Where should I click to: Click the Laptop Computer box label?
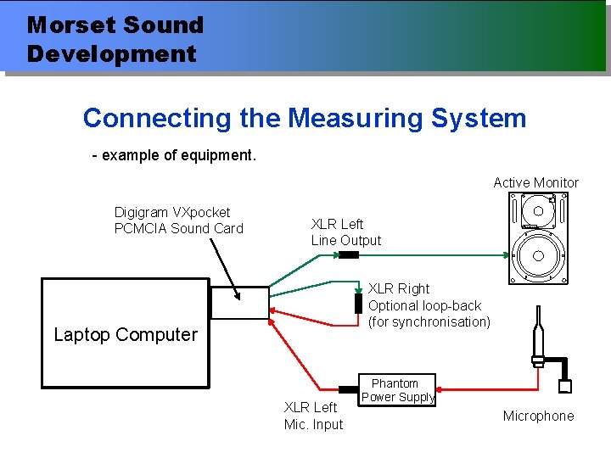click(126, 334)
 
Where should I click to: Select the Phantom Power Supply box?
click(398, 390)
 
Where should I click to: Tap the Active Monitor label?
click(535, 182)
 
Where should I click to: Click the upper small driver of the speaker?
click(538, 211)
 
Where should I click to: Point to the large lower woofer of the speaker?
click(538, 255)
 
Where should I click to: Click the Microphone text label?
click(538, 416)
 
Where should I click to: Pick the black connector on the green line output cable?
click(349, 254)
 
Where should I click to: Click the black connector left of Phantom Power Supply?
click(349, 390)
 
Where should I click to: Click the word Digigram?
click(142, 212)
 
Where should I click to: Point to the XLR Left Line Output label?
click(345, 232)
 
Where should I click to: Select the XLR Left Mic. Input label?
click(313, 416)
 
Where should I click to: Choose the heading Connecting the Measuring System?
click(305, 118)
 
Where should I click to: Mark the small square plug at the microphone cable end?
click(565, 387)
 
